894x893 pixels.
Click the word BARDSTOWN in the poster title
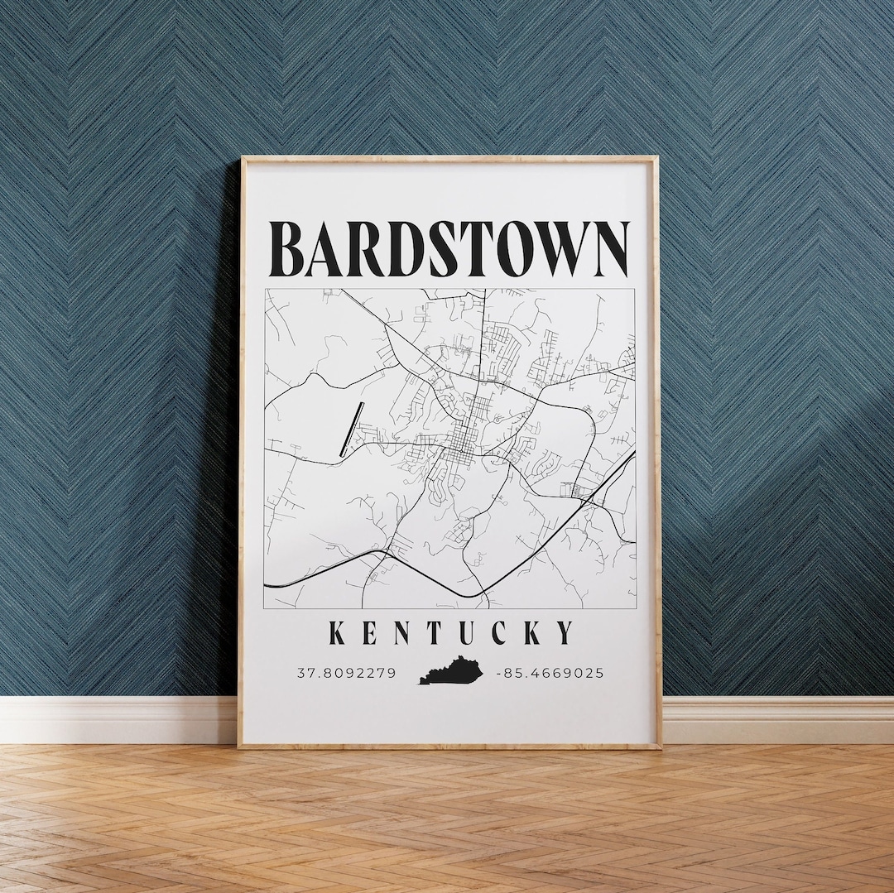(x=449, y=249)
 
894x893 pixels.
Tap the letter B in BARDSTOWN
(x=291, y=249)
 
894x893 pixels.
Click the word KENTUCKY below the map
(x=450, y=633)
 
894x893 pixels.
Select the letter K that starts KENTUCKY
(x=338, y=633)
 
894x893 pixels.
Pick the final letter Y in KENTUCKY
(x=565, y=633)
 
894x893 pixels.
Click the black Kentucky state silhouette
(x=450, y=670)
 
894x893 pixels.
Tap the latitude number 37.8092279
(x=346, y=673)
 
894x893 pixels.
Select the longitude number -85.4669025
(x=550, y=673)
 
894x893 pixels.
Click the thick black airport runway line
(x=352, y=429)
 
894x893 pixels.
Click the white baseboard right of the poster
(x=778, y=719)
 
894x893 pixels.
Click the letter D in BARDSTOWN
(x=406, y=249)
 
